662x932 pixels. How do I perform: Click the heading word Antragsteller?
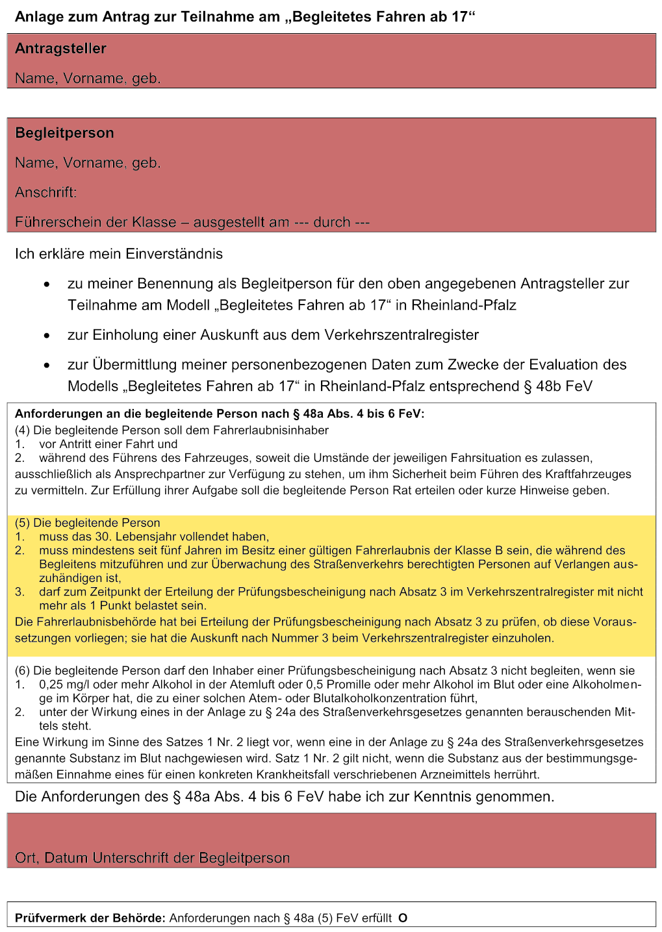tap(60, 49)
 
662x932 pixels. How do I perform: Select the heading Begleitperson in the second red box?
tap(64, 133)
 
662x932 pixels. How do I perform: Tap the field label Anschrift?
tap(45, 192)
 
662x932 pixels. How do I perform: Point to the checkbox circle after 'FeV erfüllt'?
tap(403, 918)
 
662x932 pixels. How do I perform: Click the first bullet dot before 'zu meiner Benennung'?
tap(47, 285)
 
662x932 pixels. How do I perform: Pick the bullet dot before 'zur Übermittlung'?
tap(47, 366)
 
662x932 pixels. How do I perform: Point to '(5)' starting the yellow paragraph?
tap(22, 523)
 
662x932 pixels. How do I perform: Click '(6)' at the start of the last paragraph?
tap(22, 670)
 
